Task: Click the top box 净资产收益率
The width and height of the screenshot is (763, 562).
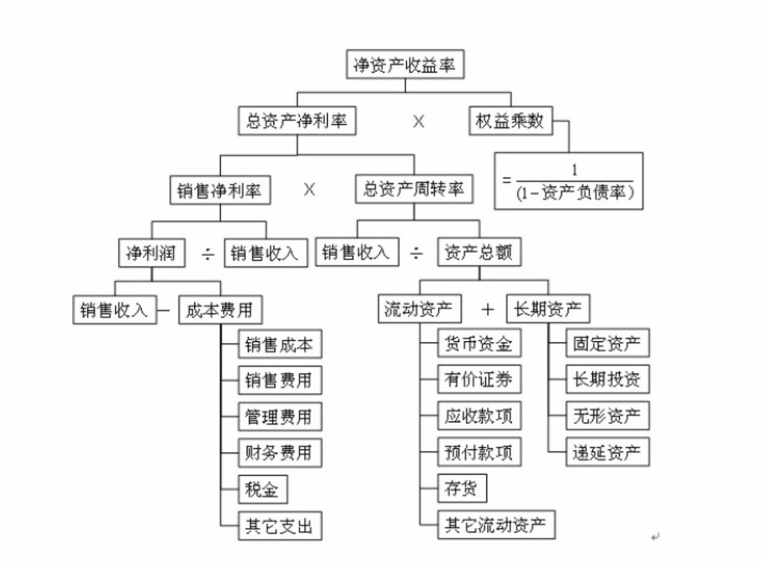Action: [404, 65]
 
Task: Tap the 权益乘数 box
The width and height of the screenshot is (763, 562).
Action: [510, 121]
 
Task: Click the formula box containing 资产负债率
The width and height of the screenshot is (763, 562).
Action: [569, 181]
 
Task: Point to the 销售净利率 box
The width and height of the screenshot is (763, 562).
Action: [220, 190]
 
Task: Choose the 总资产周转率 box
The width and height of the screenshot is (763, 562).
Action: [414, 190]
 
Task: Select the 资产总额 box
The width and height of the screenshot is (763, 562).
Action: [479, 253]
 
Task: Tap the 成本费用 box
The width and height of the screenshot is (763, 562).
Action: [220, 310]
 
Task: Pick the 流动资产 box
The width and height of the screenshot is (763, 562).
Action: [420, 309]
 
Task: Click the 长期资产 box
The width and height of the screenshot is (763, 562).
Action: [548, 309]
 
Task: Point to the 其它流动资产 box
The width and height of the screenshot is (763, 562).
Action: [495, 525]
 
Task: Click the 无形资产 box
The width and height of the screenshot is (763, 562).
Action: [607, 416]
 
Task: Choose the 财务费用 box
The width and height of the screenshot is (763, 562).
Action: [280, 453]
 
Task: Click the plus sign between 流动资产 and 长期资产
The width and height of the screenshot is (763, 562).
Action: [488, 310]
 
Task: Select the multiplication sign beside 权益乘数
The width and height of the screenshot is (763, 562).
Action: [419, 121]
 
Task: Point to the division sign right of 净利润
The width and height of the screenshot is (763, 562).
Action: [208, 253]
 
